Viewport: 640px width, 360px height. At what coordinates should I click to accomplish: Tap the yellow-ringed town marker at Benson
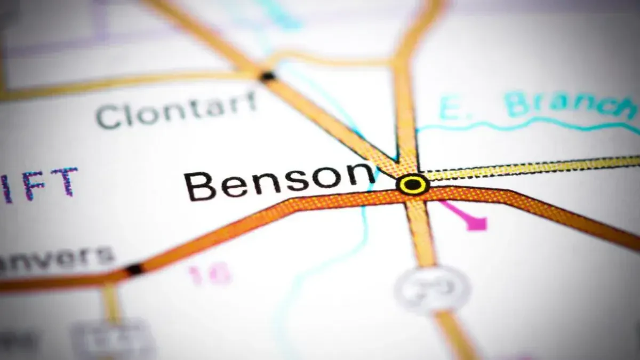(413, 185)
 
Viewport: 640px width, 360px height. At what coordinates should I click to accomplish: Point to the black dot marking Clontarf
(267, 76)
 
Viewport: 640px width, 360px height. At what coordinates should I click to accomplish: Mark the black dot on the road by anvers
(134, 269)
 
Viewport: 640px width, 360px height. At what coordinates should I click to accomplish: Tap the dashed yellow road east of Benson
(533, 167)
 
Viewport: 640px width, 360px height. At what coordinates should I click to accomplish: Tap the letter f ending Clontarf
(250, 101)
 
